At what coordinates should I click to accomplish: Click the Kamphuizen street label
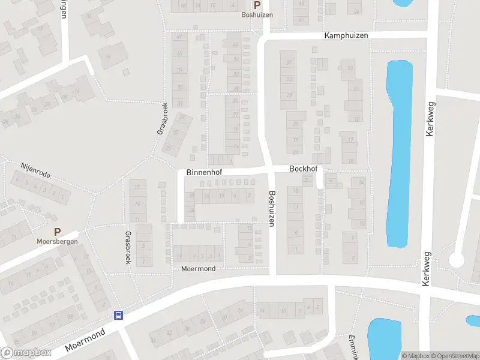[x=346, y=36]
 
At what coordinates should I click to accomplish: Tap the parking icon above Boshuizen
[x=257, y=4]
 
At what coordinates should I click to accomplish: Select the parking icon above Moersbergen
[x=58, y=232]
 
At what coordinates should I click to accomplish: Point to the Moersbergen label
[x=58, y=242]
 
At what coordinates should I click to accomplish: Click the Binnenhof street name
[x=205, y=172]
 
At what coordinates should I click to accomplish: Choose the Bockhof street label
[x=303, y=170]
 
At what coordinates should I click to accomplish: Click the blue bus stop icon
[x=119, y=315]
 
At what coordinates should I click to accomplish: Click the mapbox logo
[x=26, y=353]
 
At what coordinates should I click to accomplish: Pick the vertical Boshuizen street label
[x=272, y=208]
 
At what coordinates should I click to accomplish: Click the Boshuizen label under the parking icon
[x=257, y=14]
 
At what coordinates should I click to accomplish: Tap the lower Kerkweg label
[x=427, y=269]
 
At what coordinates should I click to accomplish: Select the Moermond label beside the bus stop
[x=85, y=340]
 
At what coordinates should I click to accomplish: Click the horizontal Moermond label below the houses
[x=198, y=269]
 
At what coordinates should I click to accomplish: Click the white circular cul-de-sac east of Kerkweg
[x=457, y=260]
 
